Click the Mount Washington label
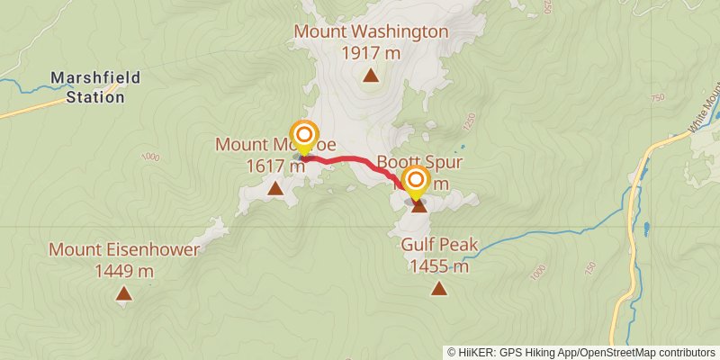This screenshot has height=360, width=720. point(371,32)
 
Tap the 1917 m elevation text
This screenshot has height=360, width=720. point(371,52)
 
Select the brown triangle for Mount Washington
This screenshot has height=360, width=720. point(370,76)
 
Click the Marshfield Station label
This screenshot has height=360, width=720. point(95,87)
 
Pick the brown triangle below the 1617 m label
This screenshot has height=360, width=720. point(275,188)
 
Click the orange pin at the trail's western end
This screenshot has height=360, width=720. point(304,137)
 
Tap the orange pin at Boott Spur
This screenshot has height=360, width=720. point(416,183)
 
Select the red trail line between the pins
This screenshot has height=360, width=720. point(355,160)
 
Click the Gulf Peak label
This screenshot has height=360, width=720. point(439,245)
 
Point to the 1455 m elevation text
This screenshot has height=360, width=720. point(439,265)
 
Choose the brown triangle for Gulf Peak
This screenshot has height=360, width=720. point(438,288)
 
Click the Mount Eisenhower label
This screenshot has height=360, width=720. point(124,249)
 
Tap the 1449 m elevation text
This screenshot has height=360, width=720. point(124,270)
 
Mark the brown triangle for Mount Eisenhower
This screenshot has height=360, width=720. point(123,292)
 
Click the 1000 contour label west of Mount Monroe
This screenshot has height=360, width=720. point(149,157)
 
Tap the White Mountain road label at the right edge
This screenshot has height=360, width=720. point(706,112)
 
